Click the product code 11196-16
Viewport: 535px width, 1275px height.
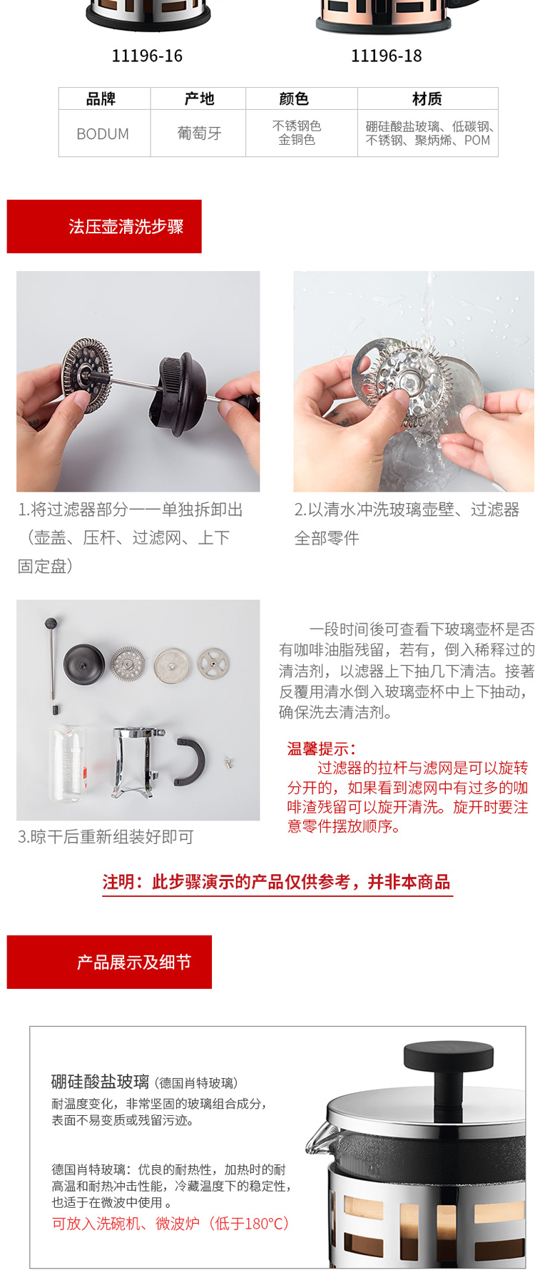(147, 56)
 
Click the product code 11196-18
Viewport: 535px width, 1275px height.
(387, 56)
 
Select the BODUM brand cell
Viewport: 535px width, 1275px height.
(103, 133)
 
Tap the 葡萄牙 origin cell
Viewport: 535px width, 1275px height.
(199, 133)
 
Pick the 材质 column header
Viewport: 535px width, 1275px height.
(427, 98)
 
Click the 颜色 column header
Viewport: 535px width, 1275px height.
(293, 98)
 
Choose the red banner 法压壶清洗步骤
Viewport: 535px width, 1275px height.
(104, 226)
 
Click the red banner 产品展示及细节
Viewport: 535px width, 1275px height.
(109, 962)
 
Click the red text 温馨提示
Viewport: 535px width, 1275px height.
(321, 748)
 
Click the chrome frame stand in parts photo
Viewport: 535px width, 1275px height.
(138, 763)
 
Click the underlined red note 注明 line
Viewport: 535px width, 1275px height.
(277, 882)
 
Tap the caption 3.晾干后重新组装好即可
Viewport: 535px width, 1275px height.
(106, 837)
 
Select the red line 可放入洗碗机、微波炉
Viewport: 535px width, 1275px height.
(170, 1224)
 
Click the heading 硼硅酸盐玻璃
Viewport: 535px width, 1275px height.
(101, 1082)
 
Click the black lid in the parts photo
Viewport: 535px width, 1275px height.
(84, 663)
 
